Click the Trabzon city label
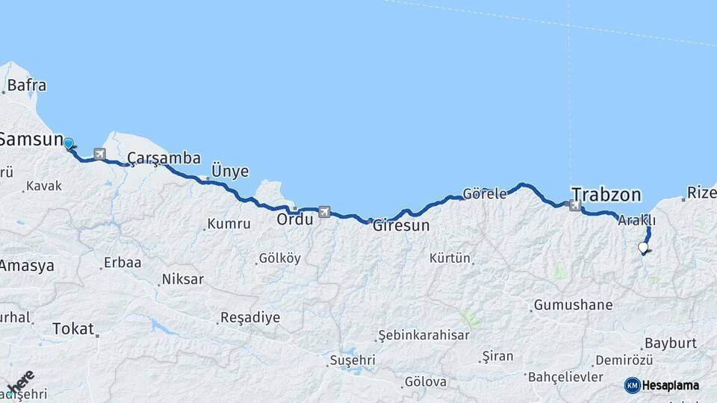pos(606,195)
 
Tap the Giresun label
pos(401,224)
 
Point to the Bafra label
pos(27,85)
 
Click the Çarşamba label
pos(164,158)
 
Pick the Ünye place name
pos(230,171)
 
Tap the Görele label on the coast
pos(485,193)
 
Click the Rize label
pos(701,193)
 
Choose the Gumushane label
pos(573,304)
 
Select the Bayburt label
pos(670,343)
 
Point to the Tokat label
pos(73,328)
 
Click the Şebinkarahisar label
pos(423,335)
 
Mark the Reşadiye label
pos(249,317)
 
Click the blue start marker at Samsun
pos(69,143)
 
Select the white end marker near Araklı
pos(643,247)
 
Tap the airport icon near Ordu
pos(324,212)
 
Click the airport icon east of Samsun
pos(99,154)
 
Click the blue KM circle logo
pos(633,385)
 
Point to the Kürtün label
pos(450,258)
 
